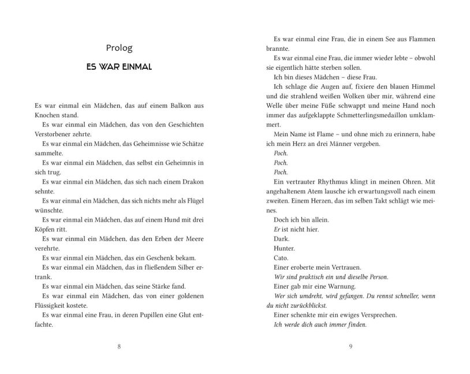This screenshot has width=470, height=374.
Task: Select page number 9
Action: (x=350, y=346)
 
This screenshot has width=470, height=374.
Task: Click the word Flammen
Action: (x=420, y=39)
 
